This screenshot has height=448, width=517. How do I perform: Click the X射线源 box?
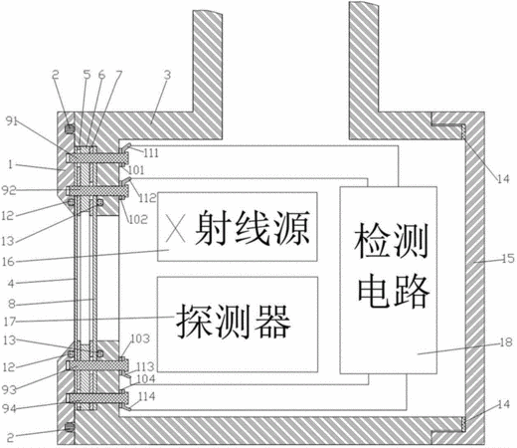tap(238, 227)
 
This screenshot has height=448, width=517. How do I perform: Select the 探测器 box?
tap(238, 325)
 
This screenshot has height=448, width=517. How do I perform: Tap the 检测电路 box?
tap(389, 280)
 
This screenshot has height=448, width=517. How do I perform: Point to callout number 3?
tap(167, 75)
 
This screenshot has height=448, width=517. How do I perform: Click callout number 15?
tap(507, 259)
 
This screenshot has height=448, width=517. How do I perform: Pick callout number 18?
tap(506, 342)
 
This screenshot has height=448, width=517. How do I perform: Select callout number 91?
tap(12, 121)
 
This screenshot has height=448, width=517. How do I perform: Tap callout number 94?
tap(9, 408)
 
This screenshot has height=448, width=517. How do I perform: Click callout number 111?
tap(151, 153)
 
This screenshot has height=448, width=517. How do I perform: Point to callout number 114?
tap(146, 396)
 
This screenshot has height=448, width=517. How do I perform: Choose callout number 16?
tap(8, 262)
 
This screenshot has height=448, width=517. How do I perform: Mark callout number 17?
tap(9, 322)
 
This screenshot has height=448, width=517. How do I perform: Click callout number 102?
tap(138, 219)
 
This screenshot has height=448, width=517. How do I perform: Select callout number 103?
tap(140, 338)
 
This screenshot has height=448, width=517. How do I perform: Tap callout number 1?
tap(10, 164)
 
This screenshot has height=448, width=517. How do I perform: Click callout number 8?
tap(12, 304)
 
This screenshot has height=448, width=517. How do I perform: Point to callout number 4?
tap(11, 284)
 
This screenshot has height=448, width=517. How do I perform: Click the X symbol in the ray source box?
tap(175, 229)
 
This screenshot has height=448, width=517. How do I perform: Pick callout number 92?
tap(9, 190)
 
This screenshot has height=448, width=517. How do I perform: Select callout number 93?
tap(9, 389)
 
